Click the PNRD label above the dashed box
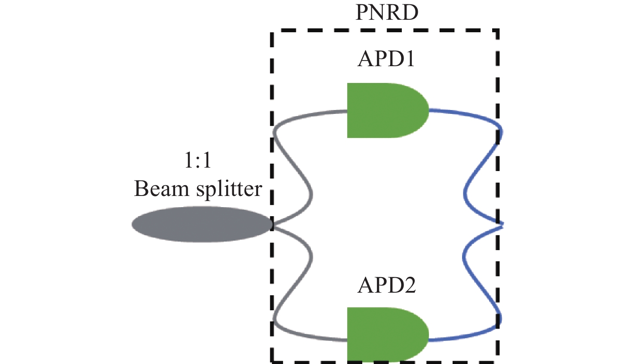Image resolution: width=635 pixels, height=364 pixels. pyautogui.click(x=387, y=12)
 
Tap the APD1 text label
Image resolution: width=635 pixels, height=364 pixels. pyautogui.click(x=386, y=59)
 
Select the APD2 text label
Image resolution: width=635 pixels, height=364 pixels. pyautogui.click(x=387, y=285)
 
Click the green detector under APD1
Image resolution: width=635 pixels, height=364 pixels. pyautogui.click(x=388, y=110)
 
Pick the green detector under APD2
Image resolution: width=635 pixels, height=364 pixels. pyautogui.click(x=388, y=335)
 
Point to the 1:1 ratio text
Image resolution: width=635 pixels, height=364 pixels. pyautogui.click(x=198, y=160)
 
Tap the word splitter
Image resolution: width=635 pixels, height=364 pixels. pyautogui.click(x=229, y=189)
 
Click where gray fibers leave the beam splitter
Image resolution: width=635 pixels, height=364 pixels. pyautogui.click(x=273, y=225)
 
